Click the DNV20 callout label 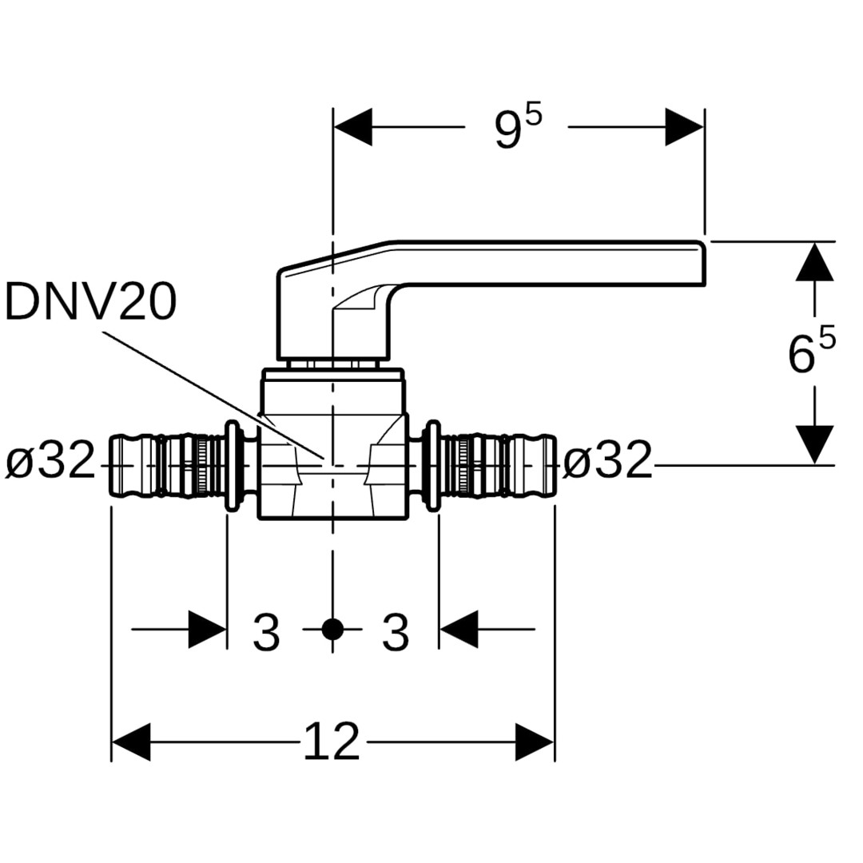point(90,303)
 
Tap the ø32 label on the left point(51,462)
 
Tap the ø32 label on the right point(608,462)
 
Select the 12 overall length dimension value point(332,742)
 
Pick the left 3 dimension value point(266,632)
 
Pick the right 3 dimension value point(395,632)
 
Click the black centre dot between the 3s point(332,630)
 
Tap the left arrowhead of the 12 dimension point(130,742)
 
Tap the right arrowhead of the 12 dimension point(535,742)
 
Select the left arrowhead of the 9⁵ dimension point(352,127)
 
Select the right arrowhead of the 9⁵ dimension point(685,127)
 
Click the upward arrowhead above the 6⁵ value point(815,261)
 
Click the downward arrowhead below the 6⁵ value point(815,444)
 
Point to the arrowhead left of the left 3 point(208,630)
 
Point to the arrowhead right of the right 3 point(459,630)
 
